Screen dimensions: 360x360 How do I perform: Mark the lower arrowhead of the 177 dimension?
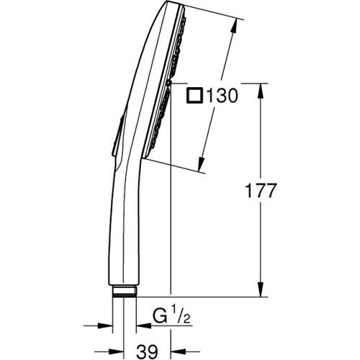pos(261,292)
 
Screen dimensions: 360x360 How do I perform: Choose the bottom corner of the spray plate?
pos(148,161)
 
